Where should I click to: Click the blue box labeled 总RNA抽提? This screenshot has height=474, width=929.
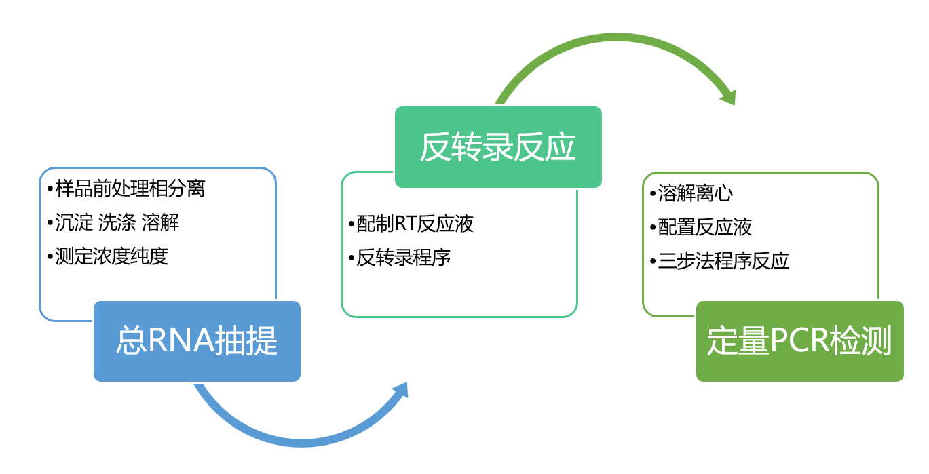(197, 341)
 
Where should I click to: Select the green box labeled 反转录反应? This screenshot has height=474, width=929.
(498, 147)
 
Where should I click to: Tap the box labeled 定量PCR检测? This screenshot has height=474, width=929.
(799, 341)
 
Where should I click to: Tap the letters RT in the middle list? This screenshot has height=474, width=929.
(405, 224)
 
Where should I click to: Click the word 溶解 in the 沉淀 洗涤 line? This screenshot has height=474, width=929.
(161, 222)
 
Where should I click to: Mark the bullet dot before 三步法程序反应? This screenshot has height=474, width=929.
(653, 262)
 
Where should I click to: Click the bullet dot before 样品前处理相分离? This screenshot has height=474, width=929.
(50, 189)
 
